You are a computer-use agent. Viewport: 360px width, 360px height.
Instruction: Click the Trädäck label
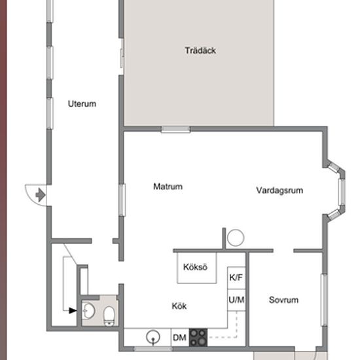(200, 50)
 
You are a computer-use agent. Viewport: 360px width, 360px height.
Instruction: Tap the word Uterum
(82, 104)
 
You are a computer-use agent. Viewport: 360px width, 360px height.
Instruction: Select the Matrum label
(168, 187)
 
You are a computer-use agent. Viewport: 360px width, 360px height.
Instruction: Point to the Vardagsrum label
(279, 190)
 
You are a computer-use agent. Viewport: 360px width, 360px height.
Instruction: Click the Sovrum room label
(283, 300)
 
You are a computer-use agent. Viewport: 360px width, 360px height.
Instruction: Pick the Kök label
(179, 306)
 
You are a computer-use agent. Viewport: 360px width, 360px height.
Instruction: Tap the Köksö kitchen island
(197, 268)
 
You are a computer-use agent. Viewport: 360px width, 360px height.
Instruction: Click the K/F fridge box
(236, 278)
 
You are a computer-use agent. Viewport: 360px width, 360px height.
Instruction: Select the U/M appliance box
(236, 300)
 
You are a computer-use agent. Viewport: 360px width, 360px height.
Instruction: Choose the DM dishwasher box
(180, 338)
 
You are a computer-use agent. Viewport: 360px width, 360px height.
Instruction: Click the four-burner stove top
(198, 338)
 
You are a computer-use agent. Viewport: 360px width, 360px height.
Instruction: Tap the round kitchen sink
(153, 337)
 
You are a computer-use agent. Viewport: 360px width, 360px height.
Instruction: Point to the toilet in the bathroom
(109, 316)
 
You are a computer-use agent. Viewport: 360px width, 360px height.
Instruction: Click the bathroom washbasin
(88, 311)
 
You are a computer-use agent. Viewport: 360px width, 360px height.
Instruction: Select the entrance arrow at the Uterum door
(41, 195)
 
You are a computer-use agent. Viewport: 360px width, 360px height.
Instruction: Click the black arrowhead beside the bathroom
(73, 311)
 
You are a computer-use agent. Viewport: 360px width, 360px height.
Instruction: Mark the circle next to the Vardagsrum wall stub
(236, 238)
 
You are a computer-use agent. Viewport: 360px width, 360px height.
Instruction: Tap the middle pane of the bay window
(342, 192)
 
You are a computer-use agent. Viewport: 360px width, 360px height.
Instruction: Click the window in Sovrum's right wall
(324, 300)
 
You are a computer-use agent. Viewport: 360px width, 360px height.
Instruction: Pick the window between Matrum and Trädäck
(176, 129)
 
